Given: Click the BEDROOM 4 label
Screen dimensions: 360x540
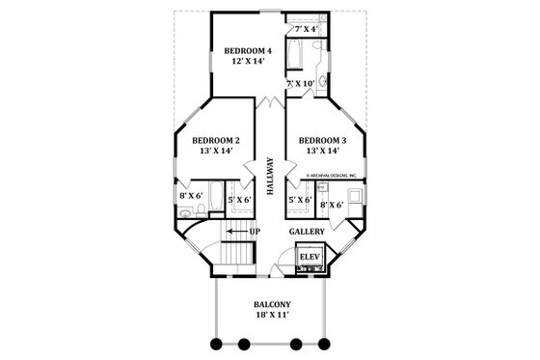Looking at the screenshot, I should click(x=248, y=50).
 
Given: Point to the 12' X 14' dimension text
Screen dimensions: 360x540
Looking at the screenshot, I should click(x=248, y=62).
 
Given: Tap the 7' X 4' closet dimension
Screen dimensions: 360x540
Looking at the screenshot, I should click(x=307, y=31).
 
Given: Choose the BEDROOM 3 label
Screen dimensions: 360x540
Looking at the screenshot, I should click(x=324, y=141).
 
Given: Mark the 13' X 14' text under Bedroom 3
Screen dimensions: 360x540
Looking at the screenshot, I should click(x=324, y=152).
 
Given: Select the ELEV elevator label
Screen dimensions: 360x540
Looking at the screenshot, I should click(x=310, y=257).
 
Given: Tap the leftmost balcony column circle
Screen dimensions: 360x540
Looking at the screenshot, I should click(x=214, y=343).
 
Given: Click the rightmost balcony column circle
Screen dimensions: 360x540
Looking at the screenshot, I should click(x=326, y=343).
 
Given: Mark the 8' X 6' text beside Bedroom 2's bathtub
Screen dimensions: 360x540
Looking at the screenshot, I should click(x=189, y=196).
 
